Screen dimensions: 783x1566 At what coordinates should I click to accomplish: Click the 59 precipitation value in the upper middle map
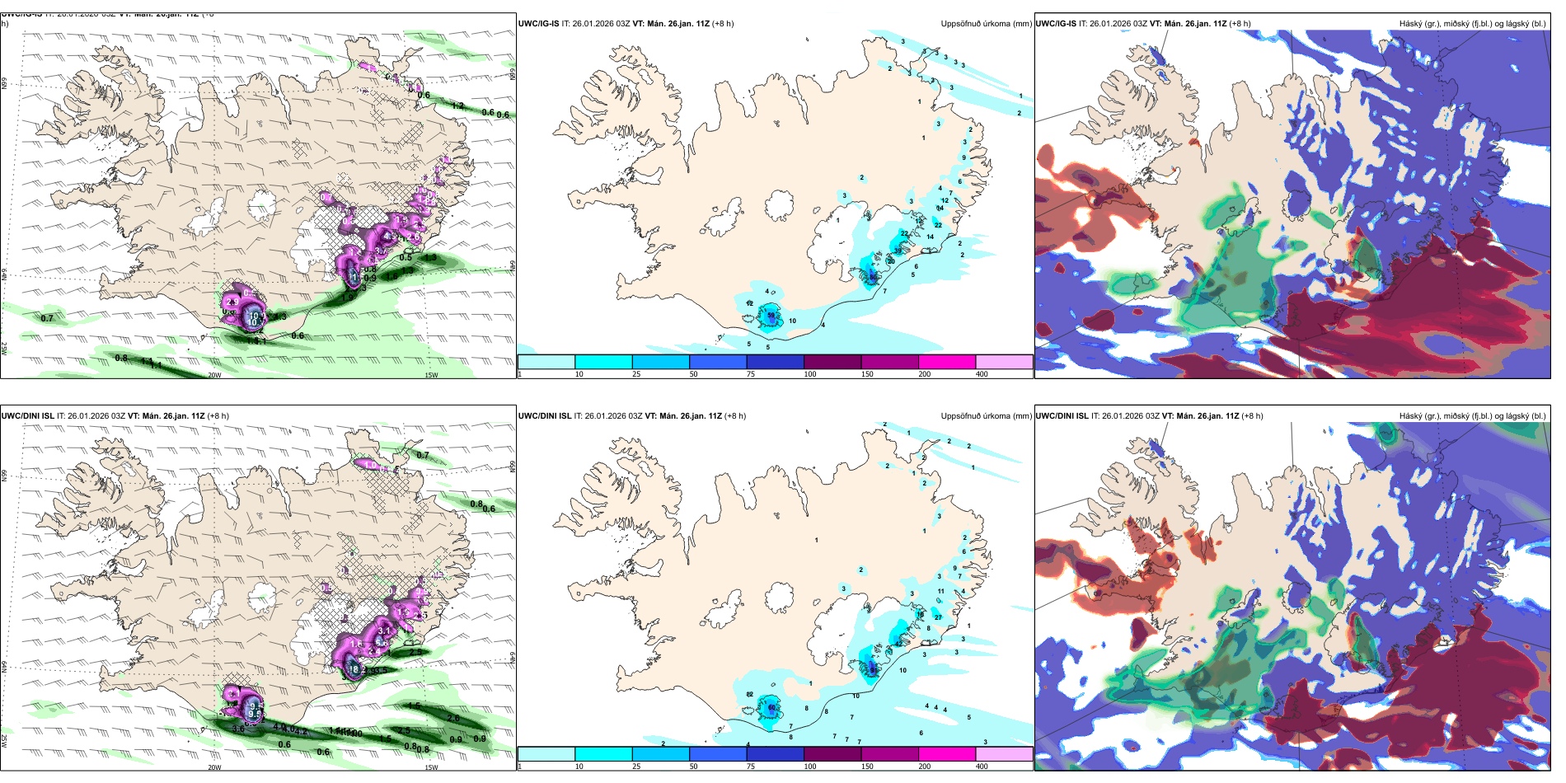pyautogui.click(x=771, y=315)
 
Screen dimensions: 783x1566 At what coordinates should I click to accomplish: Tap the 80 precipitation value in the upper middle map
pyautogui.click(x=873, y=277)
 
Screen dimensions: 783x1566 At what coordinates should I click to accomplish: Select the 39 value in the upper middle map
pyautogui.click(x=898, y=251)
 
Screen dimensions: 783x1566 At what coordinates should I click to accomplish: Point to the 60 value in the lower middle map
pyautogui.click(x=772, y=707)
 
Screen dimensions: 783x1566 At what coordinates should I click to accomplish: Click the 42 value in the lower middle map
pyautogui.click(x=750, y=695)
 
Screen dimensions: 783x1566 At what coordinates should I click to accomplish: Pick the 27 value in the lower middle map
pyautogui.click(x=938, y=617)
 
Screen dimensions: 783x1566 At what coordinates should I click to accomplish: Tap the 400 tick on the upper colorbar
pyautogui.click(x=982, y=374)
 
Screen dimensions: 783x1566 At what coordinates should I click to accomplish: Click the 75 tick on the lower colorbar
pyautogui.click(x=752, y=767)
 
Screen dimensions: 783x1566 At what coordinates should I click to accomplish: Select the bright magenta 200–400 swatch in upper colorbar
pyautogui.click(x=947, y=362)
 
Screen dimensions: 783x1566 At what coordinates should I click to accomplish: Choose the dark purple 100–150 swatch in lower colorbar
pyautogui.click(x=832, y=753)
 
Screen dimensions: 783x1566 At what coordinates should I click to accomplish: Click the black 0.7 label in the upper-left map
pyautogui.click(x=47, y=318)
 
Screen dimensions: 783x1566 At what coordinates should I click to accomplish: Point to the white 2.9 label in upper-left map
pyautogui.click(x=232, y=302)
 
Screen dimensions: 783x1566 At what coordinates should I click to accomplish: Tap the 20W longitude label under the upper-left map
pyautogui.click(x=214, y=375)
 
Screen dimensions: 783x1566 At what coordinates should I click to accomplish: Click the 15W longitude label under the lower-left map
pyautogui.click(x=431, y=767)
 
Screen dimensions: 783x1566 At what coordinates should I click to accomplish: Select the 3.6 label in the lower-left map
pyautogui.click(x=238, y=729)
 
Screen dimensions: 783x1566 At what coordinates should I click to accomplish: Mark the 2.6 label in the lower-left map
pyautogui.click(x=453, y=719)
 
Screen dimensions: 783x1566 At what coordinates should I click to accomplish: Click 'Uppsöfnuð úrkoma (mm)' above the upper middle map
pyautogui.click(x=986, y=24)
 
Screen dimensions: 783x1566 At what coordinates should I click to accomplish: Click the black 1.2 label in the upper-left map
pyautogui.click(x=458, y=106)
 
